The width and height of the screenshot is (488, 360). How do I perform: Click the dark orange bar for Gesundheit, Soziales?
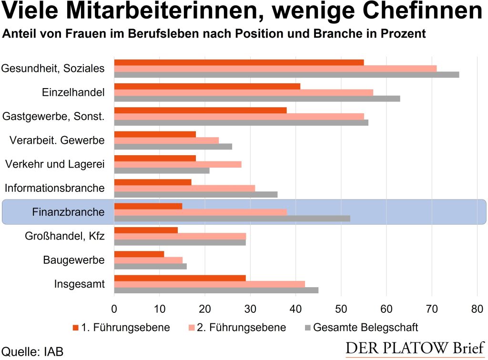point(239,62)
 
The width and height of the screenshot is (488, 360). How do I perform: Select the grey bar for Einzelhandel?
point(257,99)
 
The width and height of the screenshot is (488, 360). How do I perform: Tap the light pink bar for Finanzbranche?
point(200,212)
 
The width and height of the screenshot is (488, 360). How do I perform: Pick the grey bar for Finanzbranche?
point(232,218)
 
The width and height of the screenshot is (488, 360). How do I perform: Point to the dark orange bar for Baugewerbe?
point(139,254)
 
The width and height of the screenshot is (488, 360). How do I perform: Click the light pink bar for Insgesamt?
point(210,284)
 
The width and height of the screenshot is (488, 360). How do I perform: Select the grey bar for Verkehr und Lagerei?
point(162,170)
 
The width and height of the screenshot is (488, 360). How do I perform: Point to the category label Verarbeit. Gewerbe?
point(57,140)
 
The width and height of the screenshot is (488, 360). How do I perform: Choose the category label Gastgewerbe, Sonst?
point(53,116)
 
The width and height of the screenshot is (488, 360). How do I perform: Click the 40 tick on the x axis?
point(295,309)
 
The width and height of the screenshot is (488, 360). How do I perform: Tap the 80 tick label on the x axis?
point(477,309)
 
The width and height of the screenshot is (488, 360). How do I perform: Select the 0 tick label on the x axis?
point(114,309)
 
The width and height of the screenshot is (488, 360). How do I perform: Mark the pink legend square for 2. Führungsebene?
point(192,328)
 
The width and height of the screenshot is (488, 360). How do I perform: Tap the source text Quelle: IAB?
point(32,351)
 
